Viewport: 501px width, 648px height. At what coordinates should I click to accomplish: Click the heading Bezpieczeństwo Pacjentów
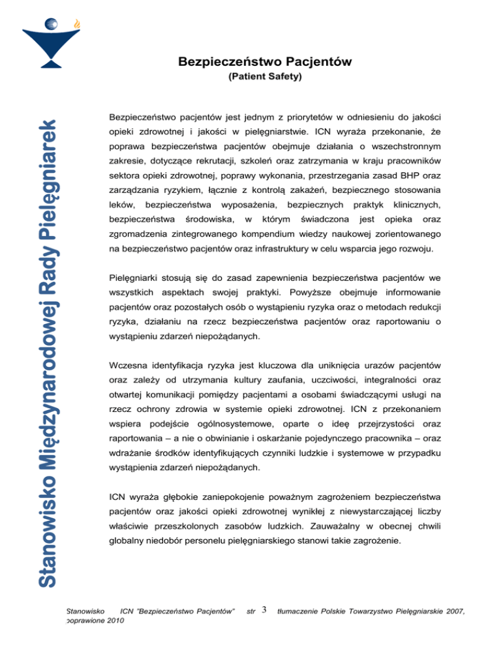click(x=265, y=63)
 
